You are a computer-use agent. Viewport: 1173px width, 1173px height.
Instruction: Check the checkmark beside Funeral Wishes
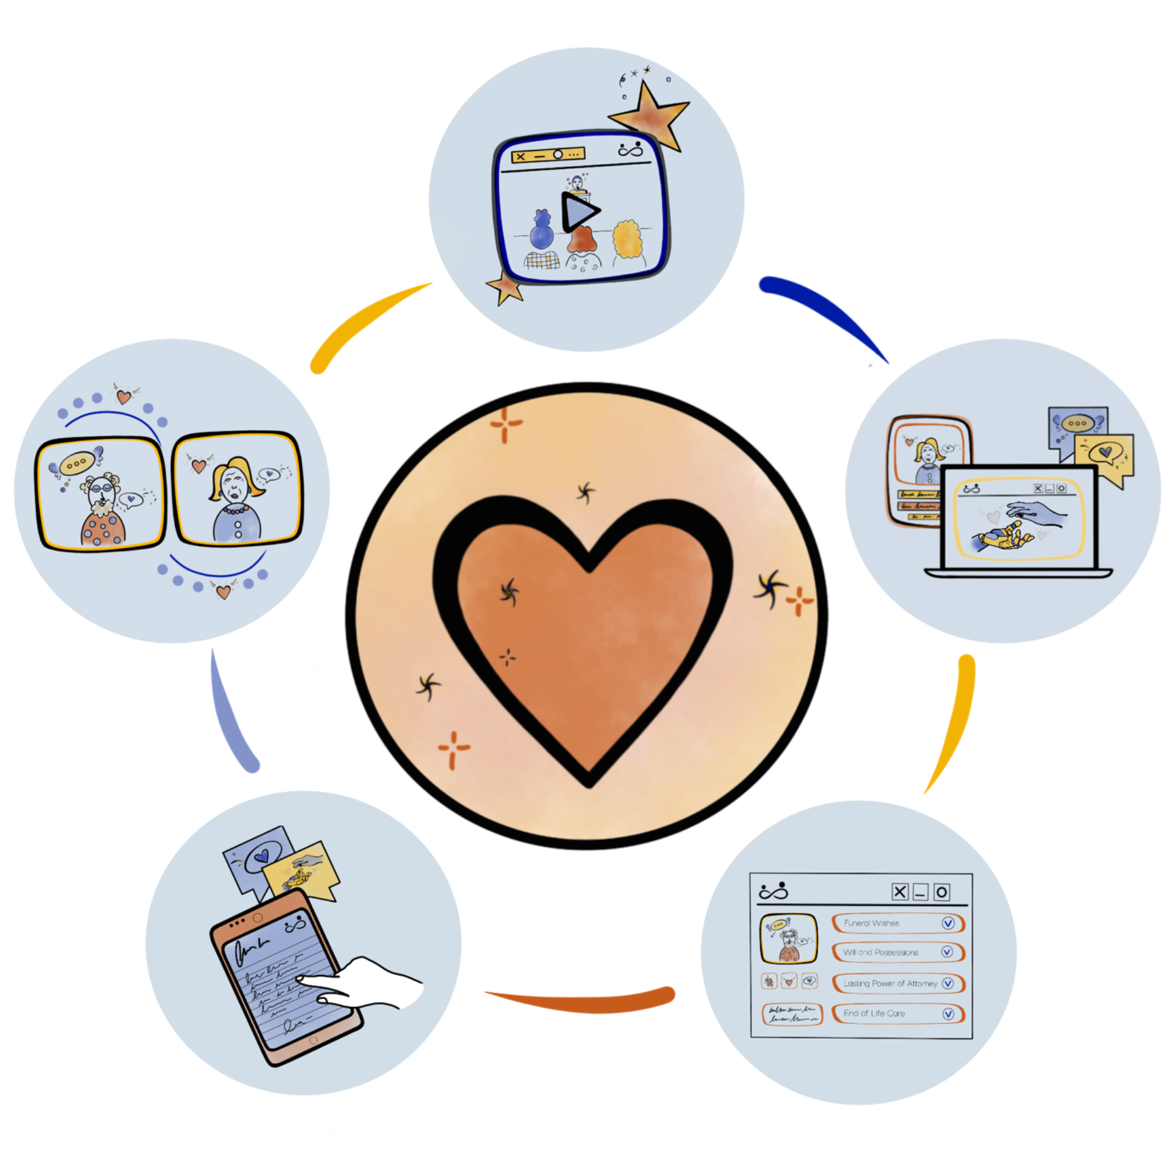click(x=948, y=923)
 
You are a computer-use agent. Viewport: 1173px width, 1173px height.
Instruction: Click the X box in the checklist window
click(x=900, y=893)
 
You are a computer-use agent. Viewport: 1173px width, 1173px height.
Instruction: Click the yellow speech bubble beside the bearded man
click(x=77, y=463)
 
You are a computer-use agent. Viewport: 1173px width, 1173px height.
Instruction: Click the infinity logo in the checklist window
click(x=773, y=892)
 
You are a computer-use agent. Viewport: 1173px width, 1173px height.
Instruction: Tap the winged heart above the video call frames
click(x=124, y=396)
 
